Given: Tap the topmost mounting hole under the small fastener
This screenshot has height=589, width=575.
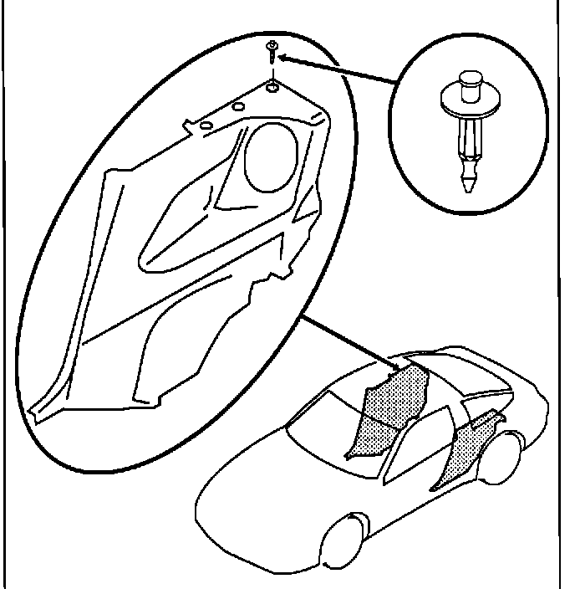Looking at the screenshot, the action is point(273,86).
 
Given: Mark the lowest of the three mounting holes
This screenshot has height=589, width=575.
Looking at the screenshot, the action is point(204,125).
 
